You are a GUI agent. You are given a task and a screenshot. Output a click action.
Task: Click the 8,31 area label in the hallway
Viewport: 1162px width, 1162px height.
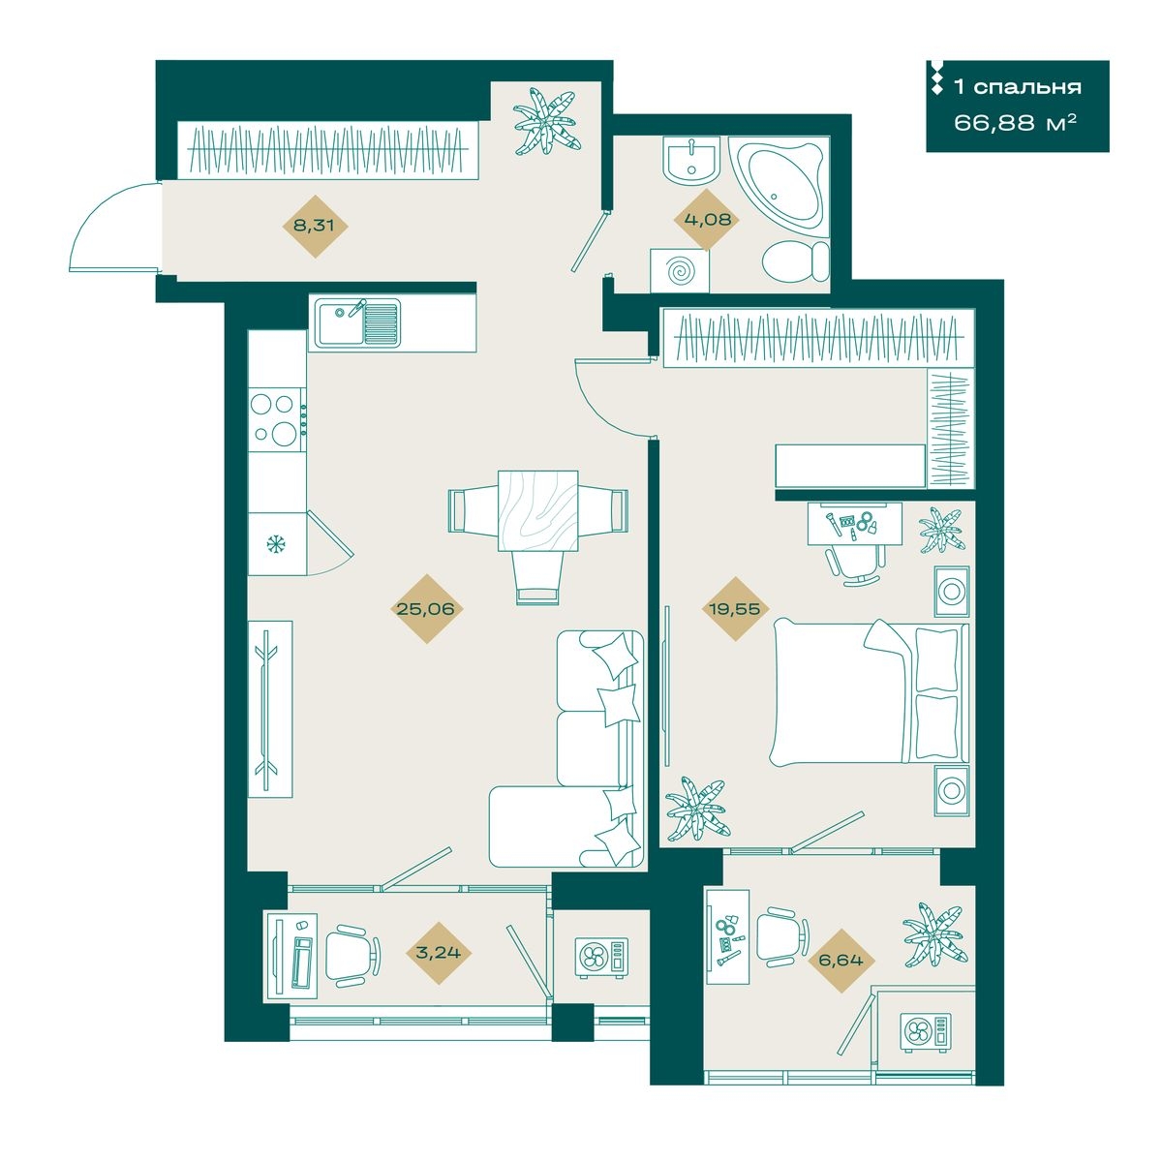pos(313,227)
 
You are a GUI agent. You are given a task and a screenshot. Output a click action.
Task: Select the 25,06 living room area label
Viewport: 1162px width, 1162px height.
pos(426,609)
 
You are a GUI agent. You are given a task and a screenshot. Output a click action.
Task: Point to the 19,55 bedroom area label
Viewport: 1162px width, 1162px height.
pos(734,609)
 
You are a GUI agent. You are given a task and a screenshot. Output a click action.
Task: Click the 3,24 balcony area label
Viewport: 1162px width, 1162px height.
pos(439,952)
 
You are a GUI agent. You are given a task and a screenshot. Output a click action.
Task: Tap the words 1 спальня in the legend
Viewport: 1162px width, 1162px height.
pos(1018,87)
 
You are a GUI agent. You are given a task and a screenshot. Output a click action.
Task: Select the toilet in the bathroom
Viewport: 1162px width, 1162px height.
pos(796,260)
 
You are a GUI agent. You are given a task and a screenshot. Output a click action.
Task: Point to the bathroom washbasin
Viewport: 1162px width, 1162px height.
pos(691,159)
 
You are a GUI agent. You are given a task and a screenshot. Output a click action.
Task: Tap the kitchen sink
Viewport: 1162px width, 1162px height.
pos(359,323)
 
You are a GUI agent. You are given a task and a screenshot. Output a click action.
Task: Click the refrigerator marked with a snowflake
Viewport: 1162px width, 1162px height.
pos(277,544)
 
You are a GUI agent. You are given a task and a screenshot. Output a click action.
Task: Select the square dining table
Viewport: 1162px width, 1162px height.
pos(537,510)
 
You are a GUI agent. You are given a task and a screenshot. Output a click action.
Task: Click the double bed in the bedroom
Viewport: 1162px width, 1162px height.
pos(869,693)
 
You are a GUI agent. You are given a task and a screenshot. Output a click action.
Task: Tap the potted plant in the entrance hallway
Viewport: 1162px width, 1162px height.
pos(546,121)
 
